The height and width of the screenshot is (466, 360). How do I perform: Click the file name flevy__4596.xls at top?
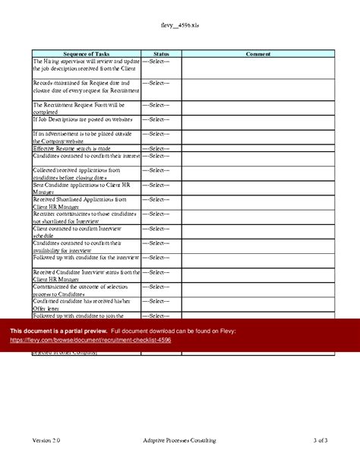180,26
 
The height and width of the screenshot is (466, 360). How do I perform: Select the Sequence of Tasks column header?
86,54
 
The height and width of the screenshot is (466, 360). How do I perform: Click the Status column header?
161,54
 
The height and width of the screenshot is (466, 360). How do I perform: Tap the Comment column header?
258,54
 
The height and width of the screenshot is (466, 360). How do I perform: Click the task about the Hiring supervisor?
86,65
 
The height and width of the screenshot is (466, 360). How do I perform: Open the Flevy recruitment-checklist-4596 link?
90,340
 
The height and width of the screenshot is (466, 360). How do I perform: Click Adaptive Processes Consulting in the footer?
179,440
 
